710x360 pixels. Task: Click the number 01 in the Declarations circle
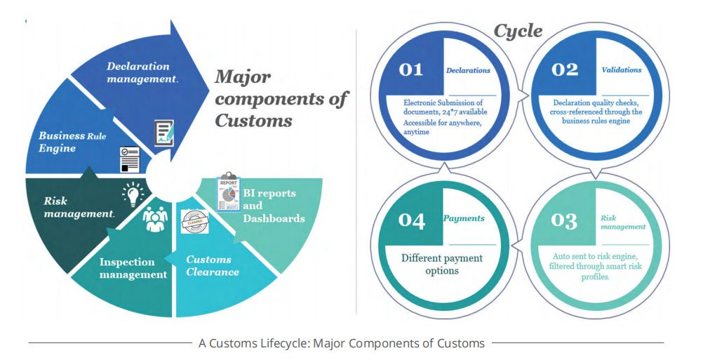click(x=411, y=69)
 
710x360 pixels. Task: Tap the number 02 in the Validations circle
click(x=565, y=69)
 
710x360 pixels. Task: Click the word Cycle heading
click(x=518, y=30)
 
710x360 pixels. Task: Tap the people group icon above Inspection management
click(x=155, y=220)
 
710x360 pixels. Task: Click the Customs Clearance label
click(x=213, y=265)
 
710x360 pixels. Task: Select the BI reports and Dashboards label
click(x=274, y=206)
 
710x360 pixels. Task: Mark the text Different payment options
click(x=442, y=264)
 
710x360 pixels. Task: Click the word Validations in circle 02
click(x=622, y=70)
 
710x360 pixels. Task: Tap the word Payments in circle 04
click(x=464, y=218)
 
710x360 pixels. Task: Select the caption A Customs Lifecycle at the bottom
click(x=341, y=343)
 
